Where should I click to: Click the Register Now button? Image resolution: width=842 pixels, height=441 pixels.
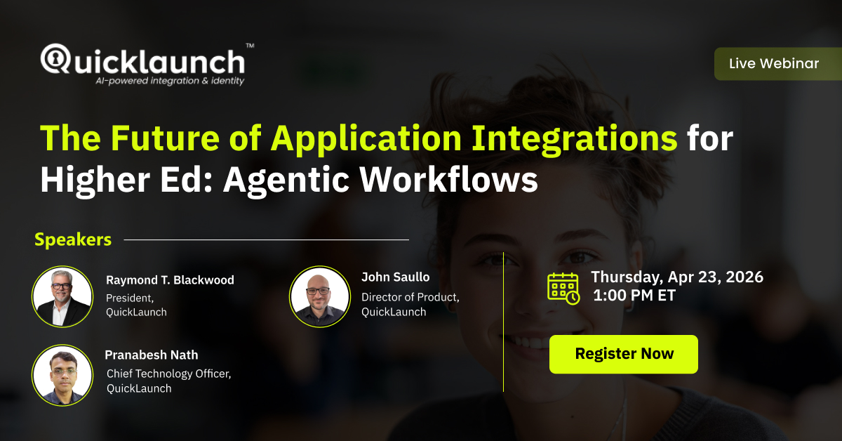[x=624, y=354]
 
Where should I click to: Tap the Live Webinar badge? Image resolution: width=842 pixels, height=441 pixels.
[x=773, y=64]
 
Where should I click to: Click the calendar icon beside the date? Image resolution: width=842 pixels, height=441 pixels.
[x=563, y=288]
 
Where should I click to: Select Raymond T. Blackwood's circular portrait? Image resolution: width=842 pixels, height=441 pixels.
[x=62, y=296]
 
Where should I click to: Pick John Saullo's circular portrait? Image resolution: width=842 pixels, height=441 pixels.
[x=319, y=296]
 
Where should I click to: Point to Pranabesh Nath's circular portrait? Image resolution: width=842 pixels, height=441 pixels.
[x=62, y=374]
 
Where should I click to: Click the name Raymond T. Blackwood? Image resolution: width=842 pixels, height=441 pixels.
[x=170, y=280]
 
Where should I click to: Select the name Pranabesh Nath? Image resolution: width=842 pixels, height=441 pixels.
[x=152, y=355]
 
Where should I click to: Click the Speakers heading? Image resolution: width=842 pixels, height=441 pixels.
[x=73, y=239]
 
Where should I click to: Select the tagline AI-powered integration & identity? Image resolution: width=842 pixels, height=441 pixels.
[x=170, y=81]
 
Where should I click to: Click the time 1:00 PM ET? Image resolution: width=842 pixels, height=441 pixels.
[x=634, y=296]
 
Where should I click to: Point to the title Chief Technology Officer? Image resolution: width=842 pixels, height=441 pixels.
[x=168, y=374]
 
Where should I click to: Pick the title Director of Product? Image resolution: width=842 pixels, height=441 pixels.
[x=410, y=297]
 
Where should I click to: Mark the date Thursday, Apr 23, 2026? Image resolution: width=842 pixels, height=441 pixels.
[x=677, y=277]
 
